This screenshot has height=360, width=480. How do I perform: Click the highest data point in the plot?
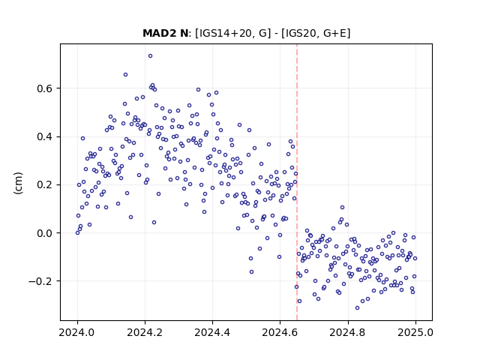coord(150,56)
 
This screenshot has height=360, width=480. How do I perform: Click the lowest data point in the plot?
coord(357,308)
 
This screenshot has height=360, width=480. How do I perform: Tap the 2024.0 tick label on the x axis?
coord(77,332)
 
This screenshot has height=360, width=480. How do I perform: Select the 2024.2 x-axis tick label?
coord(145,332)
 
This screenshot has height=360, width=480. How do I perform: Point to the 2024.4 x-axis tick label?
coord(212,332)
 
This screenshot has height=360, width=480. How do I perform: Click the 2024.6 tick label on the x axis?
coord(280,332)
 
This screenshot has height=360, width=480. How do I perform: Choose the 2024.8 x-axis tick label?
coord(348,332)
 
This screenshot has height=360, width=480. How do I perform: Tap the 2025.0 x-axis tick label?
coord(415,332)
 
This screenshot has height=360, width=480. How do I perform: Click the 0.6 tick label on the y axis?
coord(45,88)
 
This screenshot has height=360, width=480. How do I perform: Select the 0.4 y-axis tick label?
coord(45,136)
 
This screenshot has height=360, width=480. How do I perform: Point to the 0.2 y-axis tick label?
coord(45,185)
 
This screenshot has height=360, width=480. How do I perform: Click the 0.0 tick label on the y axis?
coord(45,233)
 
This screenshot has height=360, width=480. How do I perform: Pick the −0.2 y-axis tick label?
coord(40,281)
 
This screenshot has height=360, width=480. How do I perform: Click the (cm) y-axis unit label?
coord(18,183)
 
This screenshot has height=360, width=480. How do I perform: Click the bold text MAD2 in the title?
coord(157,33)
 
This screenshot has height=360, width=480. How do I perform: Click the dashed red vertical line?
coord(297,182)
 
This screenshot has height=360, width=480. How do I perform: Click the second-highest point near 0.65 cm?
coord(125,75)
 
